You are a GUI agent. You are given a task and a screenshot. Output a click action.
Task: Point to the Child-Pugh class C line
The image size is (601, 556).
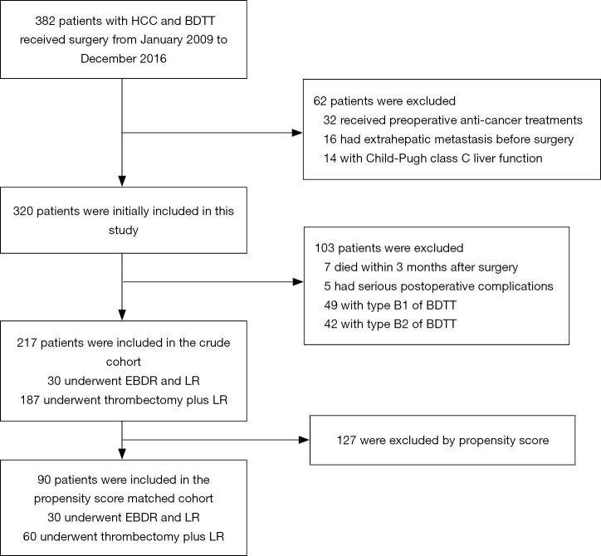432,158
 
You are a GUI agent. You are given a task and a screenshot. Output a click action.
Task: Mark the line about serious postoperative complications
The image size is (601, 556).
431,285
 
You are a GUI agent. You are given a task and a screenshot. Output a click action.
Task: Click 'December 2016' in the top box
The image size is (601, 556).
123,59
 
